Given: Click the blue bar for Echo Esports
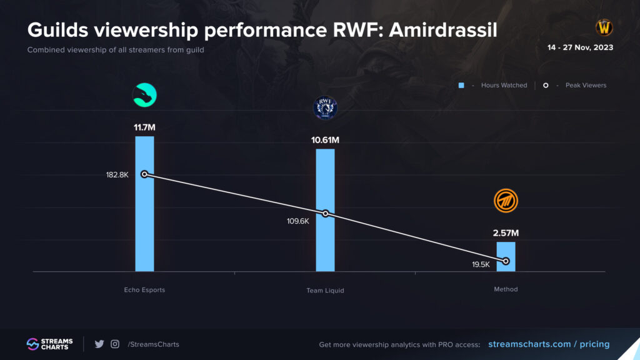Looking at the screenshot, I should click(x=144, y=225).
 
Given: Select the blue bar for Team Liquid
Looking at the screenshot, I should click(x=325, y=237).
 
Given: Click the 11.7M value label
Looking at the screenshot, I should click(x=144, y=127).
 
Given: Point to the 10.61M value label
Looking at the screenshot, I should click(x=325, y=139).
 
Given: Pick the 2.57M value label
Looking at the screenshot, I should click(x=506, y=233).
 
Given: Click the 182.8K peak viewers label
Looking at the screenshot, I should click(x=117, y=175).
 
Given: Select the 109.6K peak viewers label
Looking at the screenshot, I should click(x=298, y=221).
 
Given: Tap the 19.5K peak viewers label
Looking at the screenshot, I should click(x=481, y=265).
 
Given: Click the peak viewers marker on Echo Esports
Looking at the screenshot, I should click(x=144, y=174).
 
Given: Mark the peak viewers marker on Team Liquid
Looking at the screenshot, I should click(x=325, y=214).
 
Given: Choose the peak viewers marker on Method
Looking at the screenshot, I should click(x=506, y=261).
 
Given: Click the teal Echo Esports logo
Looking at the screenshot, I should click(x=144, y=96).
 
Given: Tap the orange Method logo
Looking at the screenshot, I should click(x=506, y=201).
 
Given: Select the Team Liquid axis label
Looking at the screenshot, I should click(x=325, y=291).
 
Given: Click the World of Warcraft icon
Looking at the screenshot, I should click(x=604, y=27).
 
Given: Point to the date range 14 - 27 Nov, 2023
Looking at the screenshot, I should click(x=580, y=47).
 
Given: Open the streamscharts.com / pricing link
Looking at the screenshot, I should click(x=548, y=344).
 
